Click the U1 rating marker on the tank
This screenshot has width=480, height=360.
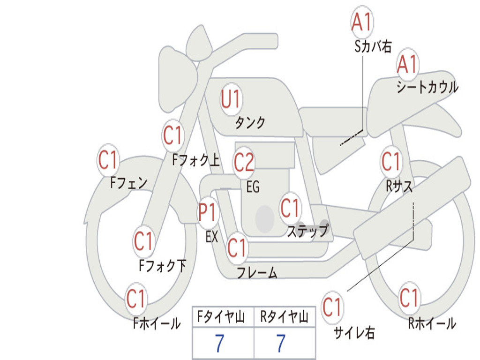(x=232, y=99)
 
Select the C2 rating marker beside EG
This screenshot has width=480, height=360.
(x=244, y=162)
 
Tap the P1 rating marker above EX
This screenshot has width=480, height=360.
(x=208, y=212)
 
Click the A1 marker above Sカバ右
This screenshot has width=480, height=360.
(x=362, y=22)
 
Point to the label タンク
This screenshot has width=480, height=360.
(x=250, y=123)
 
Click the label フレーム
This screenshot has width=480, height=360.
(x=257, y=272)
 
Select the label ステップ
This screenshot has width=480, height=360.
(x=307, y=231)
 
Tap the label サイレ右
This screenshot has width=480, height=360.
(x=354, y=333)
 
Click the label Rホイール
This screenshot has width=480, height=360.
(x=432, y=323)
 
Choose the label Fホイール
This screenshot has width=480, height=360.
(x=157, y=323)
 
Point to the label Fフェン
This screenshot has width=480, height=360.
(x=129, y=183)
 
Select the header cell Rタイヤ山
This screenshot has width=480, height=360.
(x=285, y=317)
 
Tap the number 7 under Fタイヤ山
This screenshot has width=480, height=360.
(x=219, y=343)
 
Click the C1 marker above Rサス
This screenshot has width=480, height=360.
(x=391, y=161)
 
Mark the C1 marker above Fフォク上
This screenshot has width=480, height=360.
(x=173, y=135)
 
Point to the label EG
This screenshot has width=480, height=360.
(x=253, y=187)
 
